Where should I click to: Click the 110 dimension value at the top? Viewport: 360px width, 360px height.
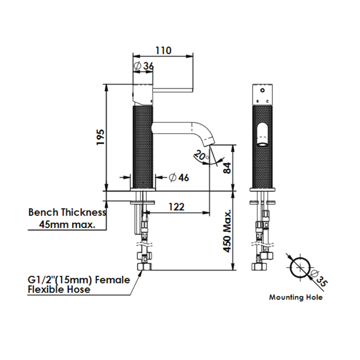pos(163,50)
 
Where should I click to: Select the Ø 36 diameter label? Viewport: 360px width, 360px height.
pos(144,66)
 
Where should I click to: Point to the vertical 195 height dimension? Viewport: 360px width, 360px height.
pos(100,137)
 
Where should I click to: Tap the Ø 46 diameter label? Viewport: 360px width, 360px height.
pos(179,177)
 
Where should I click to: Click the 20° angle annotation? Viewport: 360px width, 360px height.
pos(201,156)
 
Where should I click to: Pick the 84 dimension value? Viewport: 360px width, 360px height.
pos(227,168)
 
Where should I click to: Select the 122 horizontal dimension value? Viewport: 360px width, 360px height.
pos(176,207)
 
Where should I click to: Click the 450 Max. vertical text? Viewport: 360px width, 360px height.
pos(227,231)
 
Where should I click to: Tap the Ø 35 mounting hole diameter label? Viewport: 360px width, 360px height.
pos(319,278)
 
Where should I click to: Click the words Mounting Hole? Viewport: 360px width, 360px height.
pos(296,297)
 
